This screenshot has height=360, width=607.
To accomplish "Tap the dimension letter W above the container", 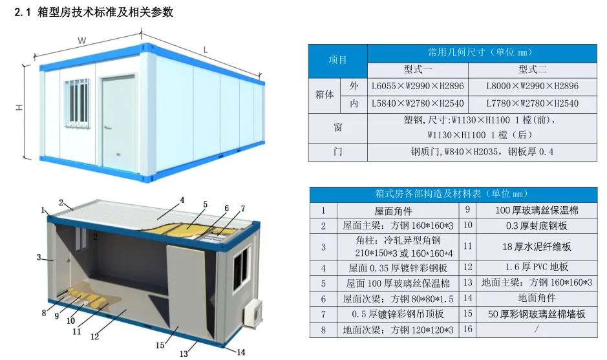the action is click(x=82, y=40).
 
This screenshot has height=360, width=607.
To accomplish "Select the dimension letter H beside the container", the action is click(x=19, y=109).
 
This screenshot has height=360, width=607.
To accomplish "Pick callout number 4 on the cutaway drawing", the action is click(x=182, y=200).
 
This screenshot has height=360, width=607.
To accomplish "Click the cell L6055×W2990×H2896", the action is click(x=418, y=86).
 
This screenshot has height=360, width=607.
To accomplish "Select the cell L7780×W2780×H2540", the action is click(x=532, y=103).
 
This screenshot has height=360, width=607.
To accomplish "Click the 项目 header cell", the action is click(x=337, y=60).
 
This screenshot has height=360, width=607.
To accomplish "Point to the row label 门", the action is click(x=337, y=153).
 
